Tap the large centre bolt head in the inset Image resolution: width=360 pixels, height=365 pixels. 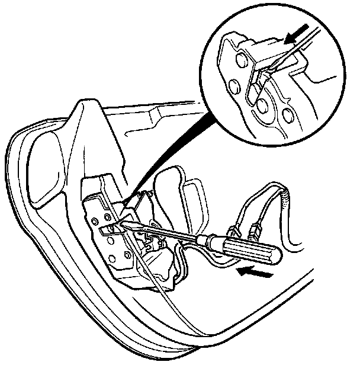coord(264,107)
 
